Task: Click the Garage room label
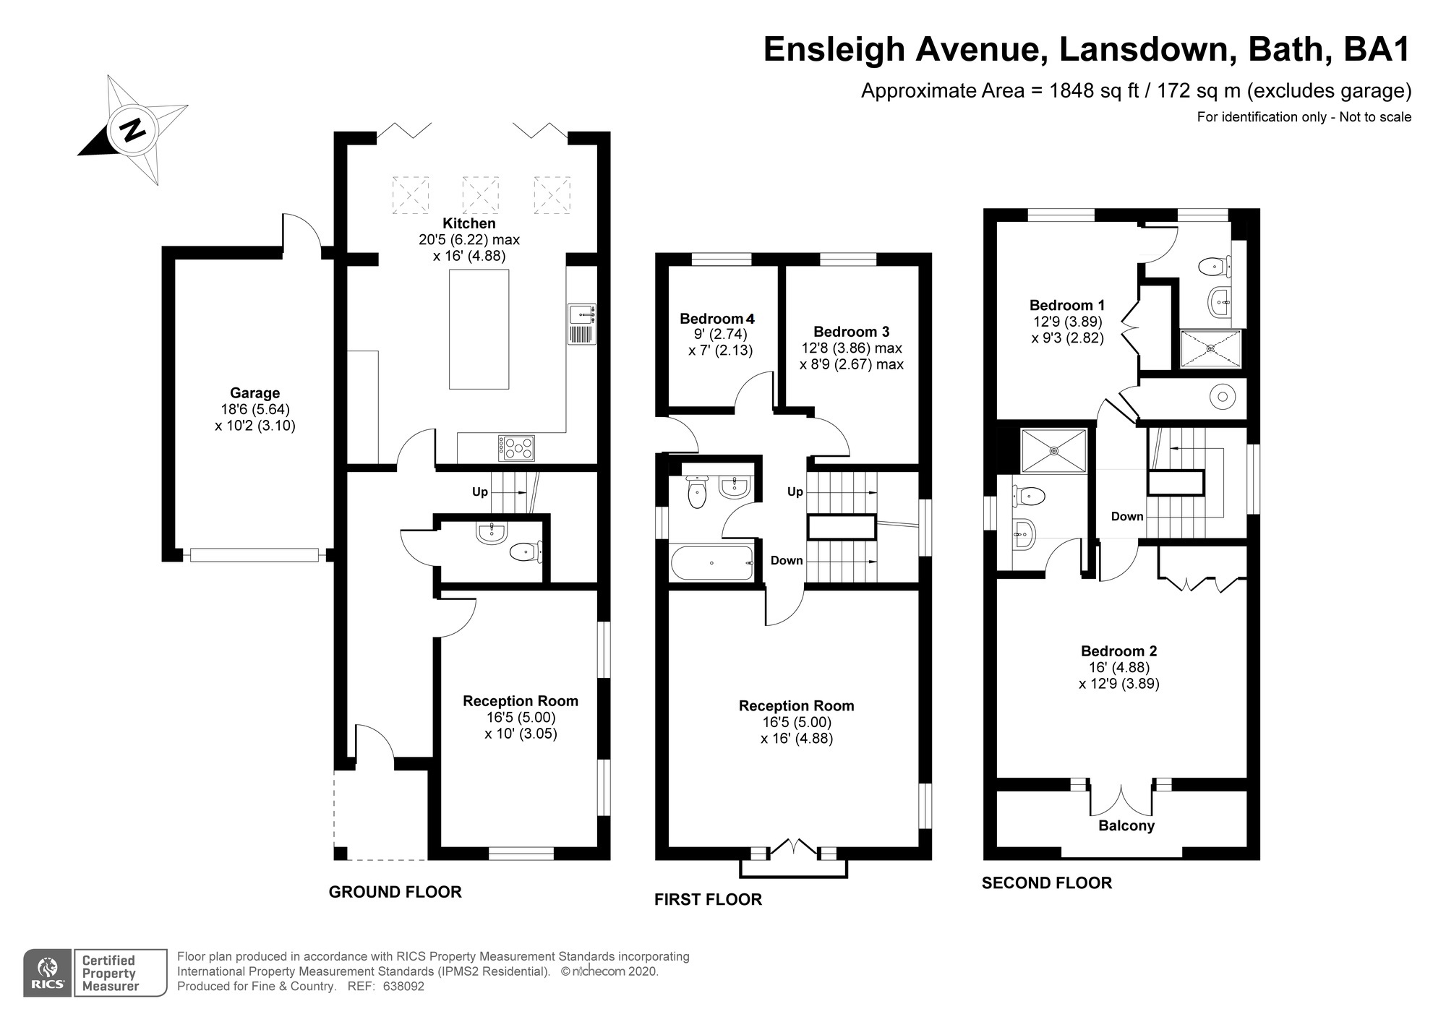coord(254,393)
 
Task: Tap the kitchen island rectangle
coord(479,330)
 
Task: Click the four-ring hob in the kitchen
coord(516,447)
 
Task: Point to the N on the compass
coord(132,131)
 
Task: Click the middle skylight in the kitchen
coord(481,194)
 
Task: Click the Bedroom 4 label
coord(716,319)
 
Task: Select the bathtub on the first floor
coord(713,563)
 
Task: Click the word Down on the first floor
coord(787,560)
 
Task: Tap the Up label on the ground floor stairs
coord(480,492)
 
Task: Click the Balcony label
coord(1126,825)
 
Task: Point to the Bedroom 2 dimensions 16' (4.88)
coord(1118,667)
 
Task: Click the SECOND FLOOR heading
coord(1046,883)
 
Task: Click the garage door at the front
coord(254,555)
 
